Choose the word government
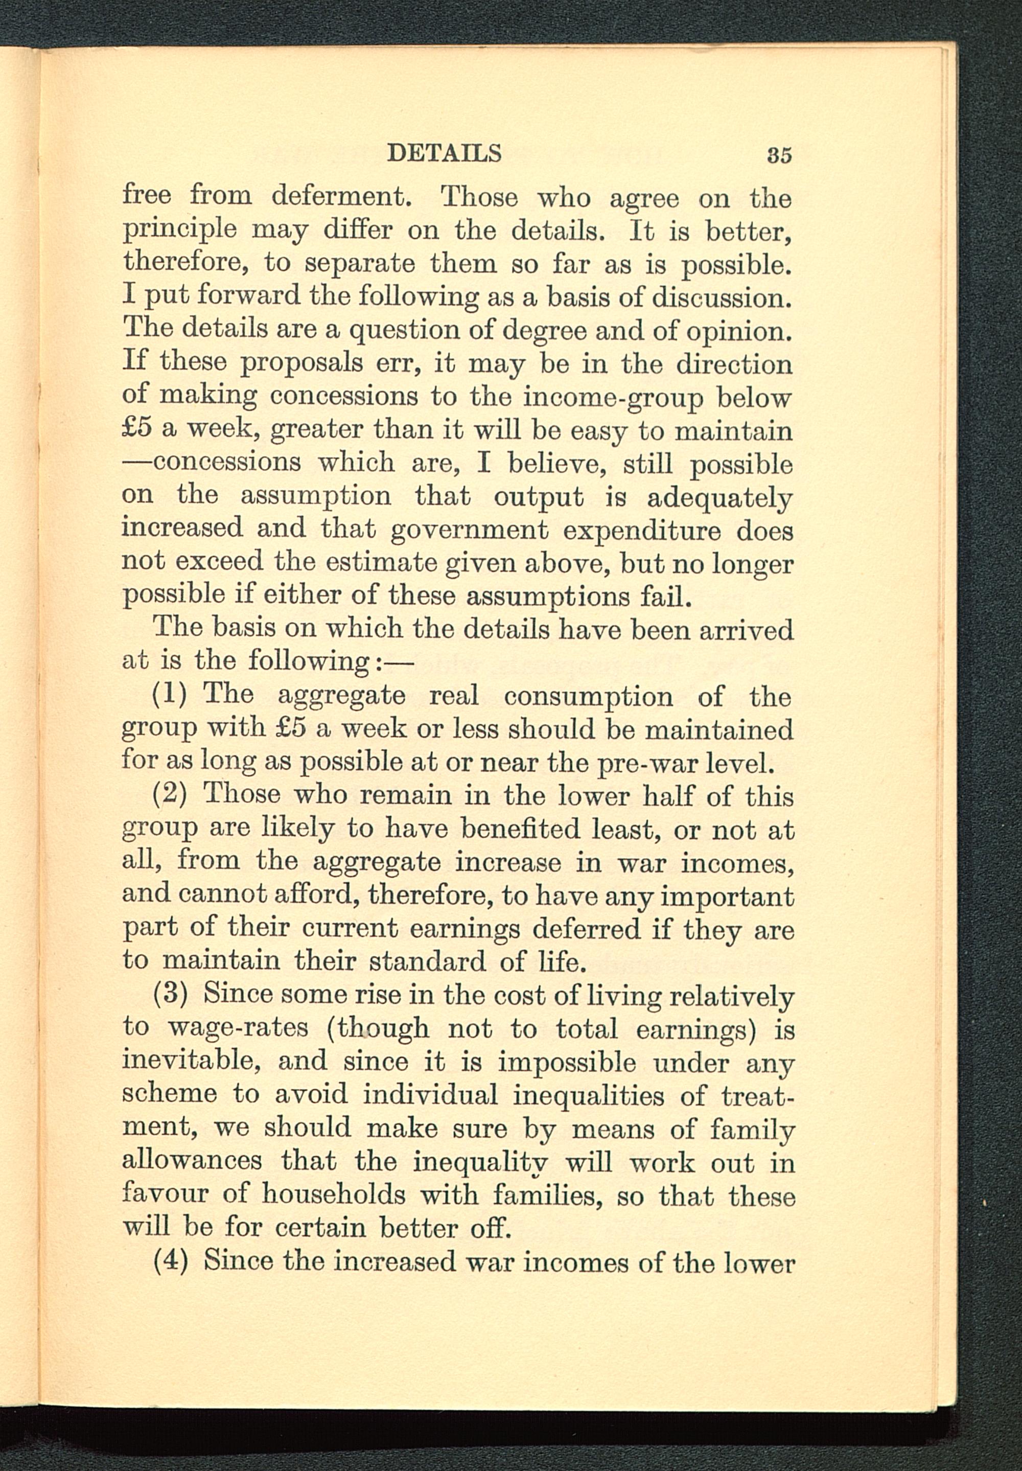click(470, 530)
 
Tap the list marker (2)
click(170, 795)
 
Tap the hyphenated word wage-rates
click(238, 1028)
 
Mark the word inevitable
click(191, 1061)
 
